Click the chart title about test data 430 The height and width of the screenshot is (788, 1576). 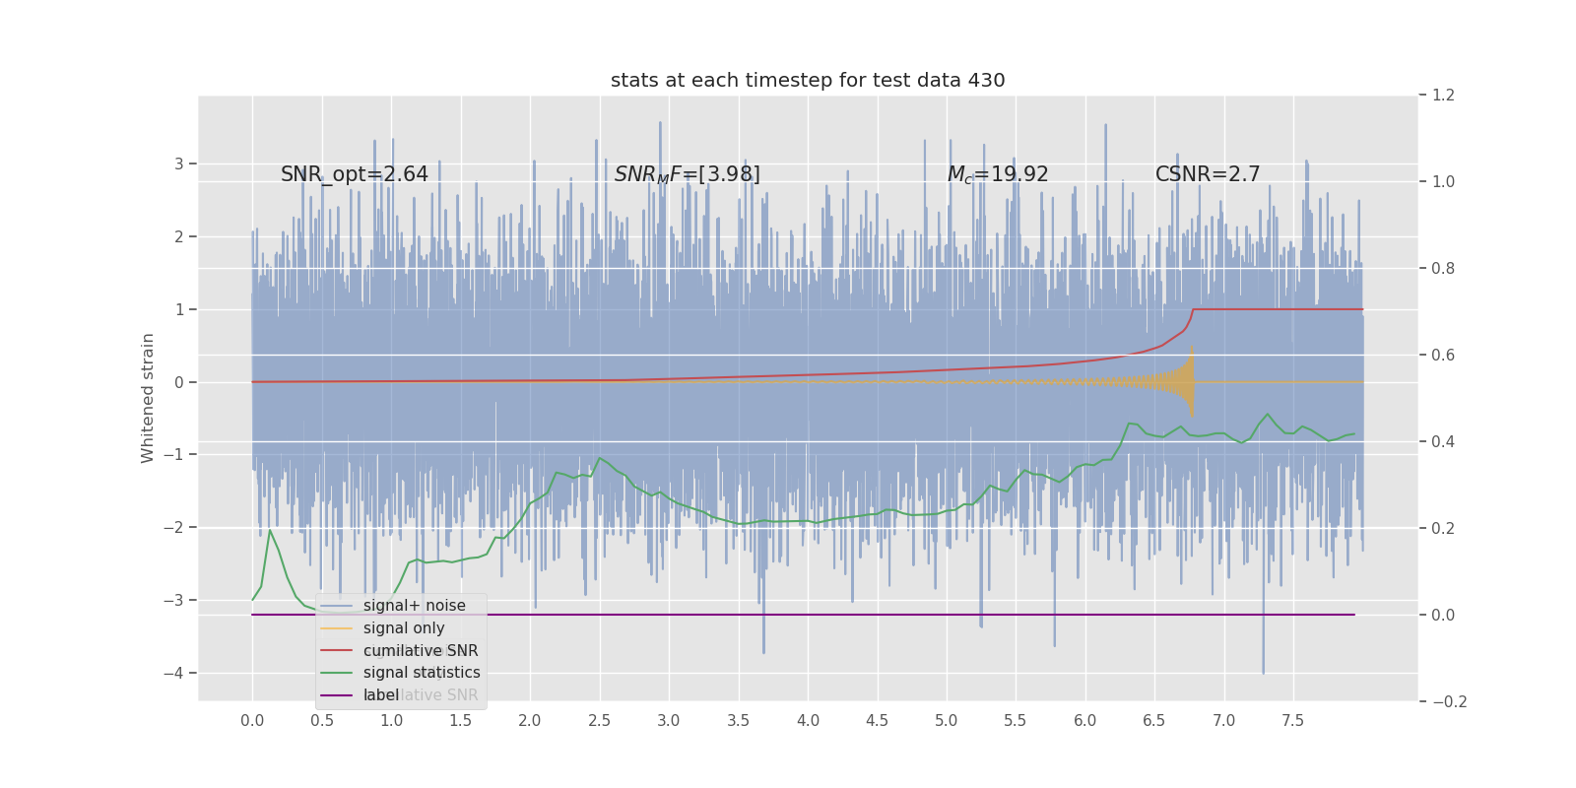coord(808,81)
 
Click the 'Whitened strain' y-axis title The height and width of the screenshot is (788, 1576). coord(149,398)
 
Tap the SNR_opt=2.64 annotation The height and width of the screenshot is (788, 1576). coord(355,174)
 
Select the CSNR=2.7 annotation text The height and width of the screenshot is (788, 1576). coord(1208,174)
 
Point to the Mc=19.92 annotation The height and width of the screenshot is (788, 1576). coord(998,174)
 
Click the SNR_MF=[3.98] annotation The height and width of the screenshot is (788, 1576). coord(688,174)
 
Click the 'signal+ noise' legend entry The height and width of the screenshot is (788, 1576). coord(414,606)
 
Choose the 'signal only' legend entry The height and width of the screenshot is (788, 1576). coord(404,628)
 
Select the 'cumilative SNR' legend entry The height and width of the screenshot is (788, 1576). coord(421,651)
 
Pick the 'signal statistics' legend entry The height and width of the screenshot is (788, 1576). coord(422,673)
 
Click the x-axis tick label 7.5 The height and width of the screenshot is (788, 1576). coord(1292,721)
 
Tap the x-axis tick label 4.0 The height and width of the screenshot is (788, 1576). coord(808,721)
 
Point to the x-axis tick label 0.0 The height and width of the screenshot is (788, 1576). coord(252,721)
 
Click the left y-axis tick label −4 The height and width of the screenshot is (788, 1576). coord(178,674)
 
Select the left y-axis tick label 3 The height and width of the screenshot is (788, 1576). coord(179,164)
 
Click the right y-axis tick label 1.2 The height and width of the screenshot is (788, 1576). coord(1443,96)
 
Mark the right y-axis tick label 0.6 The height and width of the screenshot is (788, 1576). coord(1443,356)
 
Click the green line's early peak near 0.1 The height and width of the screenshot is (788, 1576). coord(270,531)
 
